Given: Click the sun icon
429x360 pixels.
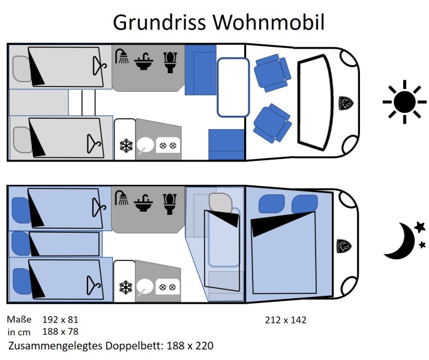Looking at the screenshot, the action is coord(404,102).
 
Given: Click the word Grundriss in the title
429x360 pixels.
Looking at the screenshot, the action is coord(159,22).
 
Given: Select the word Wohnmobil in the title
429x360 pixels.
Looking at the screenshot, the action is coord(269,22).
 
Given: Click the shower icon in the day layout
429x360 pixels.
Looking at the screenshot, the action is coord(122,56).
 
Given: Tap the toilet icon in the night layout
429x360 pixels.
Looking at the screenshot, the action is coord(170,204).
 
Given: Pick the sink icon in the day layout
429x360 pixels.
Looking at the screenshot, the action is coord(143,61).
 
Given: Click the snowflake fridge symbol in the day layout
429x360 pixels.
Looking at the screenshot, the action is coord(126,146).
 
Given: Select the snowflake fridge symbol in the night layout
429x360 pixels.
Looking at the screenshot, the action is coord(126,287).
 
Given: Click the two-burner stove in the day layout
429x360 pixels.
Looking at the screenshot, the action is coord(168,146).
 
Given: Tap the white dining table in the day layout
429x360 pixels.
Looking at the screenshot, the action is coord(233,87).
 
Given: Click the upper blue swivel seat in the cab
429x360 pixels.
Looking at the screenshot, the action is coord(272,73).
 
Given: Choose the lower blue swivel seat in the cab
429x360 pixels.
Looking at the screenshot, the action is coord(272,124).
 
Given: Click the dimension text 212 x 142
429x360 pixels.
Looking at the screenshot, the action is coord(286,320).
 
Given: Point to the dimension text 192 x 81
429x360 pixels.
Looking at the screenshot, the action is coord(61,320).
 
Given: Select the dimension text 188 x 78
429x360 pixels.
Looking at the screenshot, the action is coord(61,332).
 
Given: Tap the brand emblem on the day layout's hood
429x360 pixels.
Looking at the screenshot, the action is coord(346,103).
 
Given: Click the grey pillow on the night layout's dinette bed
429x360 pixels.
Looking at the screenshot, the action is coord(221,203).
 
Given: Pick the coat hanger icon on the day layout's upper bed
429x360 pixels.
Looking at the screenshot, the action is coord(99,65).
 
